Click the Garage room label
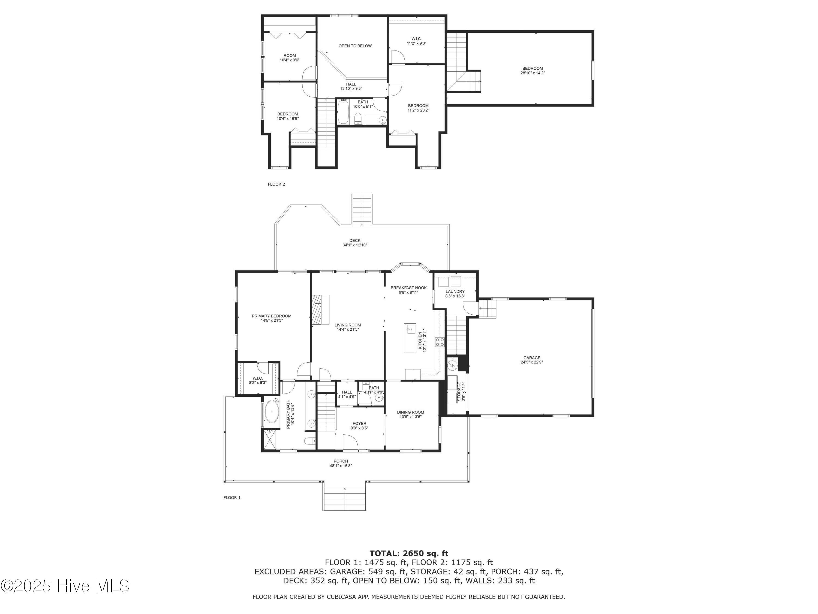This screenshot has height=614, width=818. click(532, 357)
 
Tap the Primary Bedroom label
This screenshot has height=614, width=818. click(271, 316)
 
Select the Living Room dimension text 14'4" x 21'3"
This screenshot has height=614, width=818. click(348, 330)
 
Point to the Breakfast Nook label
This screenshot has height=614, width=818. click(409, 288)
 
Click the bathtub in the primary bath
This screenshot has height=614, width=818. click(272, 411)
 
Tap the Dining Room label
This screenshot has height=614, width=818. click(410, 412)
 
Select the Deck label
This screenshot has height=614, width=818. click(355, 241)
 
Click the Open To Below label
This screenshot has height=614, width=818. click(355, 46)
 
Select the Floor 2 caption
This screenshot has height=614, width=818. click(276, 184)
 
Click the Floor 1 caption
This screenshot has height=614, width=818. click(232, 497)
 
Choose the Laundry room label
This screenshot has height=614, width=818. click(455, 292)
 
